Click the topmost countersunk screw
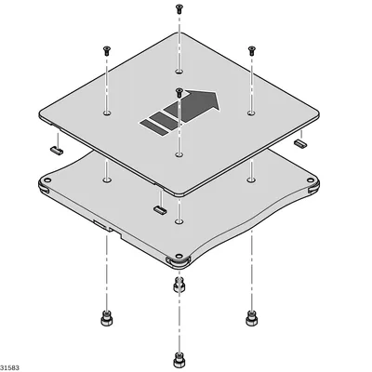pos(179,8)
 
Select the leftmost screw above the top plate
pos(107,50)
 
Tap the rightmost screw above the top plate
pos(252,50)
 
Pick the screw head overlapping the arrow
pos(179,93)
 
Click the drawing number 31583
pos(9,368)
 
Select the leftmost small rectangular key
pos(57,151)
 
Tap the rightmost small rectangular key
pos(300,142)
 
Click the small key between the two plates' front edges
pos(160,209)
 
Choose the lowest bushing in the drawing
pos(179,360)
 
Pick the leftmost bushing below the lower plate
pos(107,318)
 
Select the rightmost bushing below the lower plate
pos(252,318)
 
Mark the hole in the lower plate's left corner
pos(47,179)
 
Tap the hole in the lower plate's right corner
pos(310,180)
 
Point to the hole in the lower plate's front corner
pos(179,256)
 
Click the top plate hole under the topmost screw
pos(179,72)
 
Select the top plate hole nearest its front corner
pos(179,154)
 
